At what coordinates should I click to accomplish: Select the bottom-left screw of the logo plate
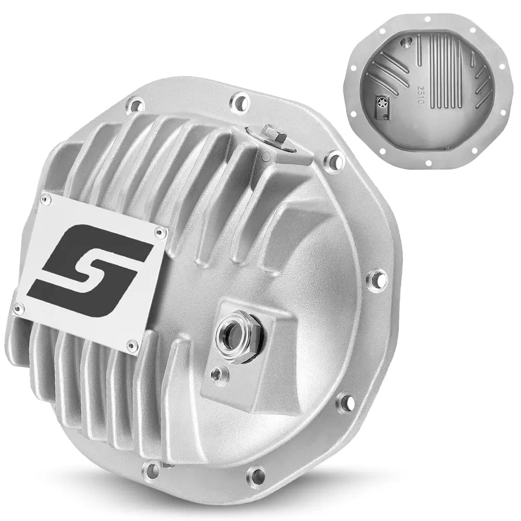point(18,309)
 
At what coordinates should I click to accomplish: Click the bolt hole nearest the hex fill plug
point(334,160)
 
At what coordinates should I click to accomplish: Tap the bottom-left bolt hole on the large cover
point(153,468)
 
